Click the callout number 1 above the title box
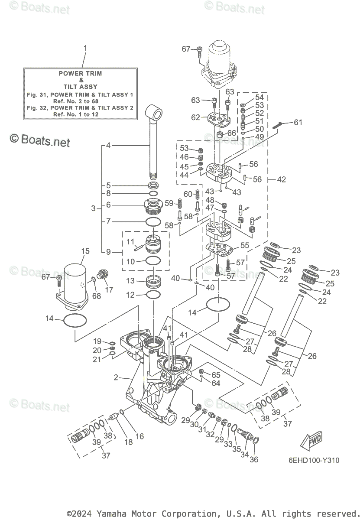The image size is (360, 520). click(x=85, y=48)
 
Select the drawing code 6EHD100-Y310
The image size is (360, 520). click(x=313, y=460)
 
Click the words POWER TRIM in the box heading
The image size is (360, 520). click(x=81, y=74)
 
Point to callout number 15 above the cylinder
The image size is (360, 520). click(x=85, y=251)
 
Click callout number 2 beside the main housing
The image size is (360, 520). click(x=116, y=377)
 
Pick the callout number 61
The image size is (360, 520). click(x=298, y=123)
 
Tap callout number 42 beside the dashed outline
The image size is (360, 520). click(x=281, y=179)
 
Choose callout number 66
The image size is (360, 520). click(x=232, y=133)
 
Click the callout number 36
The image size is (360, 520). click(x=254, y=459)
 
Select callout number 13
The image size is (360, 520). click(x=130, y=281)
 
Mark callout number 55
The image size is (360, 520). click(x=245, y=245)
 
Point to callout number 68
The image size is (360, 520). click(x=96, y=296)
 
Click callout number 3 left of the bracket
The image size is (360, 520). click(x=94, y=208)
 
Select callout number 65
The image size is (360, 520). click(x=216, y=374)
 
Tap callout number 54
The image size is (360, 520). click(x=259, y=97)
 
